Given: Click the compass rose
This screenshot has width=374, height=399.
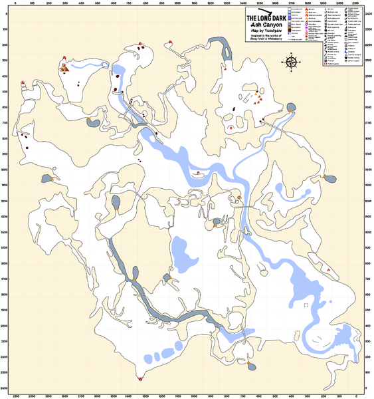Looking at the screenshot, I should click(291, 63).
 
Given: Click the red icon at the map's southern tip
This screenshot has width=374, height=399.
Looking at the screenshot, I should click(140, 380).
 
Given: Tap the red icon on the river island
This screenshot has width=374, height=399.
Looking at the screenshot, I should click(197, 174).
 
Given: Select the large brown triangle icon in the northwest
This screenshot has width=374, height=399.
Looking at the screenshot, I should click(64, 67).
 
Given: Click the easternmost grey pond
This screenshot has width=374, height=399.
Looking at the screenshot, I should click(328, 178).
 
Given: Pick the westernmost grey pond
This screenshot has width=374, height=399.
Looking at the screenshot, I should click(47, 179).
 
